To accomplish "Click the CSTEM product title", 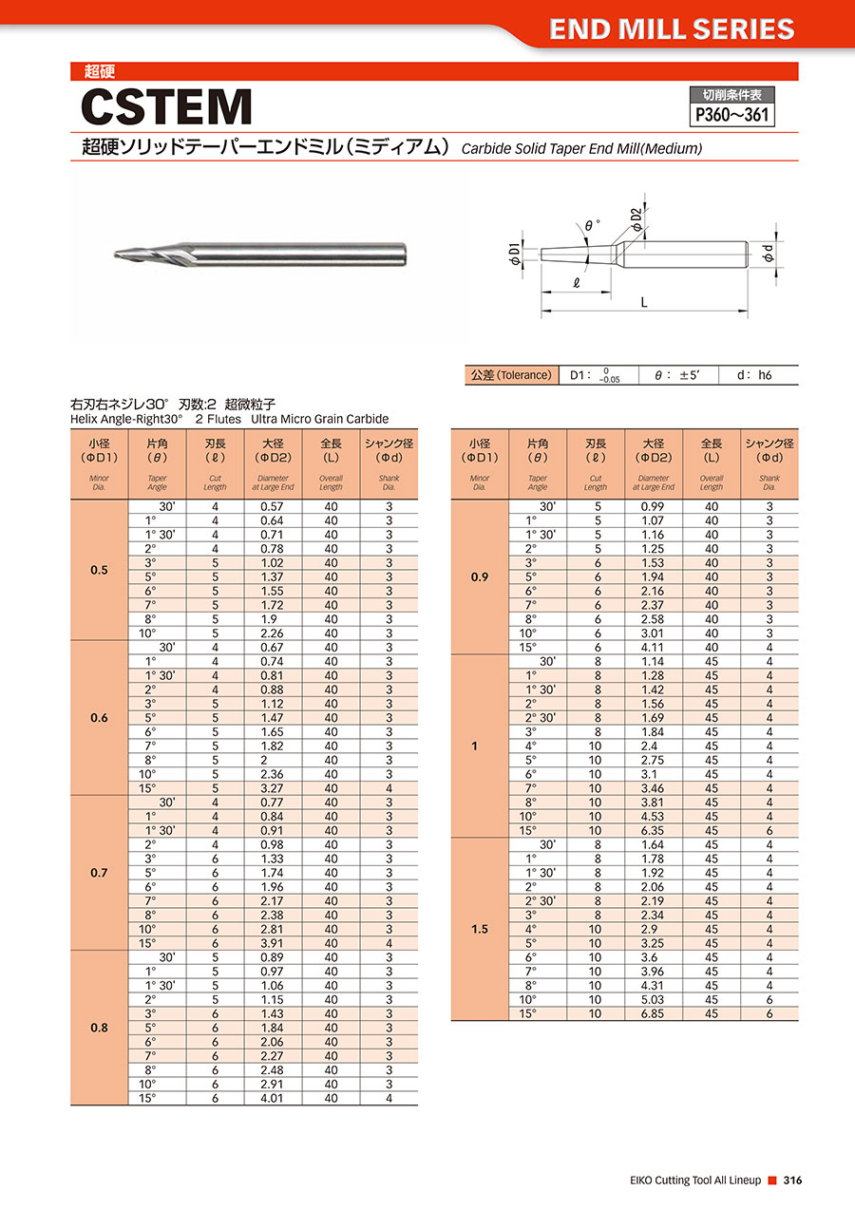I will (x=167, y=107).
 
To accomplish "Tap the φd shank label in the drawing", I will (x=769, y=254).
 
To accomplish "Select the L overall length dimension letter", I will (x=644, y=302).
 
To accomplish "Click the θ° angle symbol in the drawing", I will (x=593, y=226).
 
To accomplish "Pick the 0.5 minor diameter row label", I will (x=99, y=570).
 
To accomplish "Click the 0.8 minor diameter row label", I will (x=99, y=1028).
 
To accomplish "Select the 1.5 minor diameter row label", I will (x=480, y=929).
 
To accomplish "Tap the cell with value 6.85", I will (x=653, y=1013).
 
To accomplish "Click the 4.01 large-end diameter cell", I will (x=273, y=1098).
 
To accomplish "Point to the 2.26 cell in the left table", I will (x=273, y=633).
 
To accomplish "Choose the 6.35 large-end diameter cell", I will (x=653, y=830).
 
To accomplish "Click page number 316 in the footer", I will (x=793, y=1180).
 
